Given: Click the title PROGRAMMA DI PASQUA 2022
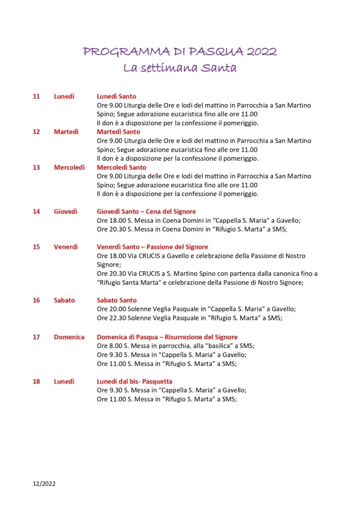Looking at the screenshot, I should pyautogui.click(x=180, y=52).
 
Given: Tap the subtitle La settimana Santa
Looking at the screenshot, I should pyautogui.click(x=180, y=68).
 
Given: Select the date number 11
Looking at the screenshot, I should pyautogui.click(x=36, y=96).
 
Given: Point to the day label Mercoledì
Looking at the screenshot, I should pyautogui.click(x=69, y=167).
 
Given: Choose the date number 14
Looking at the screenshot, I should pyautogui.click(x=36, y=211).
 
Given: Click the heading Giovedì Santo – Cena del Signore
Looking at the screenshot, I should pyautogui.click(x=146, y=211).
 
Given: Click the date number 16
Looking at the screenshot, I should pyautogui.click(x=36, y=300).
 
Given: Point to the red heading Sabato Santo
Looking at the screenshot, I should pyautogui.click(x=116, y=300).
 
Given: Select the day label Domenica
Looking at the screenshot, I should pyautogui.click(x=69, y=337).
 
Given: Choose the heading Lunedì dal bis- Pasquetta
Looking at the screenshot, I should pyautogui.click(x=134, y=381).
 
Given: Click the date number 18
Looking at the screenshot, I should pyautogui.click(x=36, y=381).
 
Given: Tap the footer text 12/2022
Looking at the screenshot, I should pyautogui.click(x=45, y=483).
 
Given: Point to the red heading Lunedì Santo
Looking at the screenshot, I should pyautogui.click(x=116, y=96).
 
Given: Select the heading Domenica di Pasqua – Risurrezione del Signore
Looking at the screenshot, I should pyautogui.click(x=167, y=337).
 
